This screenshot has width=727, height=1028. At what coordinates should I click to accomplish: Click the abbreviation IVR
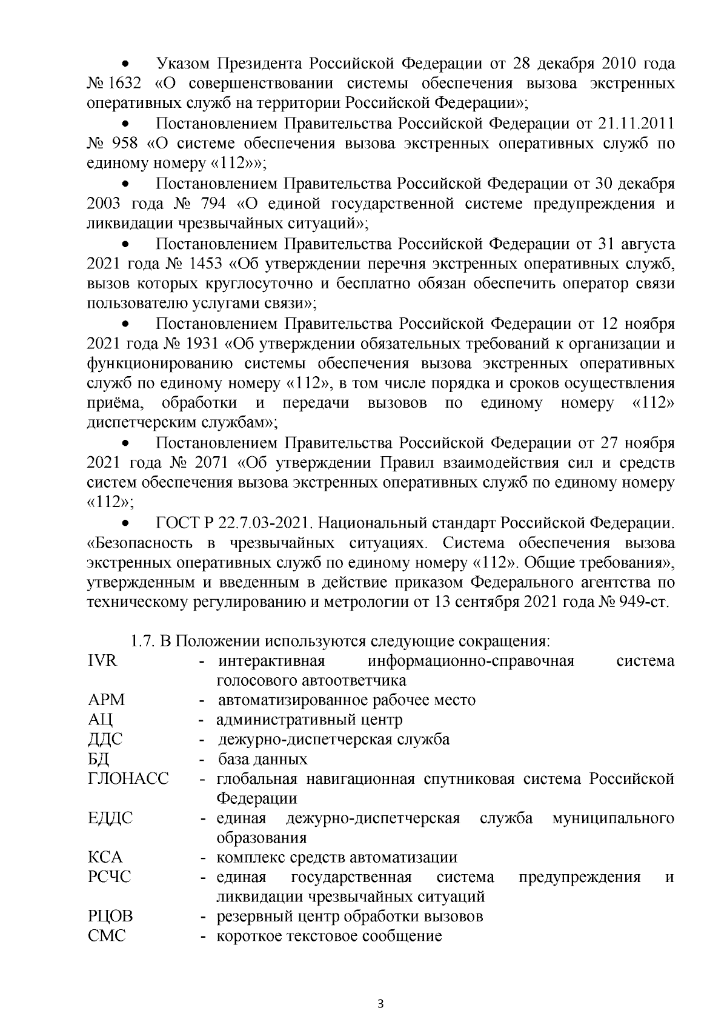[102, 660]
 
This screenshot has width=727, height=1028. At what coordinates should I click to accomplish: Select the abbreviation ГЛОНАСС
[128, 778]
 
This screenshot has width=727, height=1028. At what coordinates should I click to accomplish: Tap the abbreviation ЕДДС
[110, 818]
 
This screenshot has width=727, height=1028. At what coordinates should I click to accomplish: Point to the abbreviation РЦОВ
[110, 916]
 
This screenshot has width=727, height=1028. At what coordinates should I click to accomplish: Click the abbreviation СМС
[107, 935]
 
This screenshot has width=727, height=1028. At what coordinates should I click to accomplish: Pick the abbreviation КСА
[105, 857]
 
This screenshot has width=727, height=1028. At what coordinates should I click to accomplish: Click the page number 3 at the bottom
[380, 1003]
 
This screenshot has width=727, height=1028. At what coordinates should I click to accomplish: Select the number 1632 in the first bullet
[123, 84]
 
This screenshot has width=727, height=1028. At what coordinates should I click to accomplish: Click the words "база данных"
[263, 759]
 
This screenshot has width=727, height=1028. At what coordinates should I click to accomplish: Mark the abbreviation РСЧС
[109, 877]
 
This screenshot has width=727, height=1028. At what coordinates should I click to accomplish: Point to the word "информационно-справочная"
[471, 660]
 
